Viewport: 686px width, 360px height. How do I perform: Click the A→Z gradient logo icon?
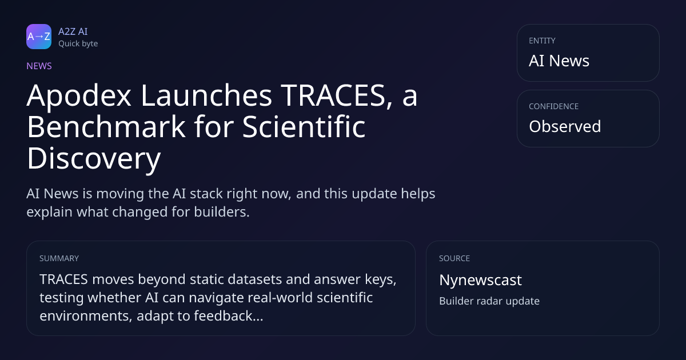[x=39, y=37]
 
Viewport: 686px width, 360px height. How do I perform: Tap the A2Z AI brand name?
[x=73, y=31]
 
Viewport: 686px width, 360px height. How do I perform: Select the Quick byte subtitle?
[x=78, y=44]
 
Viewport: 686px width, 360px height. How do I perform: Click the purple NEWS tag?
[x=39, y=66]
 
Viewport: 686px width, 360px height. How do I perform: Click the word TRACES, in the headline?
[x=337, y=96]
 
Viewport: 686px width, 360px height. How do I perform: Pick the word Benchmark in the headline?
[x=106, y=127]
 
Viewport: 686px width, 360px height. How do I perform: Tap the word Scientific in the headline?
[x=304, y=127]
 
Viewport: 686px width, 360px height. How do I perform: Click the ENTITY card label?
[x=542, y=41]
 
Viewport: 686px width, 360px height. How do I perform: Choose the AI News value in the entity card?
[x=559, y=61]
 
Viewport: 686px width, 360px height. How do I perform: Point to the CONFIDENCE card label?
[x=554, y=106]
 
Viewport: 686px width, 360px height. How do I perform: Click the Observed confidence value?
[x=565, y=126]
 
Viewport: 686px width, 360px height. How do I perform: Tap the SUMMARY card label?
[x=59, y=258]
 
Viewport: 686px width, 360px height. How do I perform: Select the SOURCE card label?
[x=454, y=258]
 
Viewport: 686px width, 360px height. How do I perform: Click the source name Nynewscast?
[x=480, y=281]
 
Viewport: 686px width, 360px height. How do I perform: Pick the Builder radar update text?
[x=489, y=301]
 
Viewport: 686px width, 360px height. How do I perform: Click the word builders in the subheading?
[x=221, y=212]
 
